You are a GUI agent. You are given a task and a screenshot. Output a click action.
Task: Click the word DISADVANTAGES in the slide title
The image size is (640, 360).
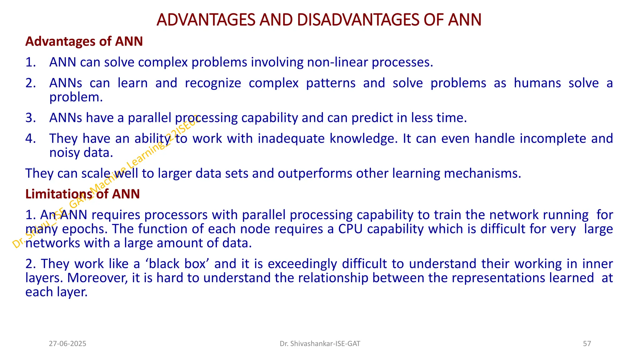(x=358, y=20)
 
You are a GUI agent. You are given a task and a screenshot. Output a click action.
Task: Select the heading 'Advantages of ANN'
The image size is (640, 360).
(x=84, y=41)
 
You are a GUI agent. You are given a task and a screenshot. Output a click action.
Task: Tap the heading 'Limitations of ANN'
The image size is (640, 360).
(x=82, y=194)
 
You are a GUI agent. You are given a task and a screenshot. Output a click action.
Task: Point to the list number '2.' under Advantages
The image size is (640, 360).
(x=31, y=83)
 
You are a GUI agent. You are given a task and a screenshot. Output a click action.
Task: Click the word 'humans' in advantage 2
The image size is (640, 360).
(x=537, y=83)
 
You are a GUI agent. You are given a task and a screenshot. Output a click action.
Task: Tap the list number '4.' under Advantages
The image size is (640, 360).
(x=31, y=138)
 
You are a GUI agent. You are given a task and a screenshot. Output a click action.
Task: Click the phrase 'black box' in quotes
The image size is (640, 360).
(x=177, y=264)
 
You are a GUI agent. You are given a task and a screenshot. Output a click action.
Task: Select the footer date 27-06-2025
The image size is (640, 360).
(x=67, y=344)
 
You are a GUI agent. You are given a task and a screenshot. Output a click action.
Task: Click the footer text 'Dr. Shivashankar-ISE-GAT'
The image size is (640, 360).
(x=320, y=344)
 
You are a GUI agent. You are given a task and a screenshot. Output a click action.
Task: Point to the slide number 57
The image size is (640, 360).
(x=587, y=344)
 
